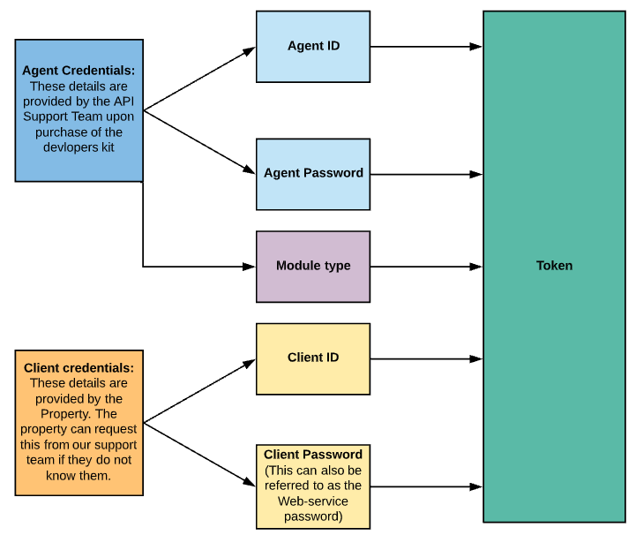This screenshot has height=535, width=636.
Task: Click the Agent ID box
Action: (313, 47)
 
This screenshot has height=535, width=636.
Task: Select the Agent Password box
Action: (313, 174)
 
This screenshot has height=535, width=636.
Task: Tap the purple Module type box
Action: (313, 266)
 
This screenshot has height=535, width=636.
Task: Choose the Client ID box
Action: (313, 358)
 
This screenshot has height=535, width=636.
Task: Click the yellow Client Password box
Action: (313, 486)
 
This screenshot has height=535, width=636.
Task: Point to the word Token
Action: (554, 266)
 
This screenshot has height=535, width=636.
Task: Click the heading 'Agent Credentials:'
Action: (79, 71)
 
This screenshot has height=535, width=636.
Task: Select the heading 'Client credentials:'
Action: (79, 367)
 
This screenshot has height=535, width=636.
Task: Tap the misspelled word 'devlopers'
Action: (71, 147)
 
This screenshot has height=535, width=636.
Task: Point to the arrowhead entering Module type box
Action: (250, 266)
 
